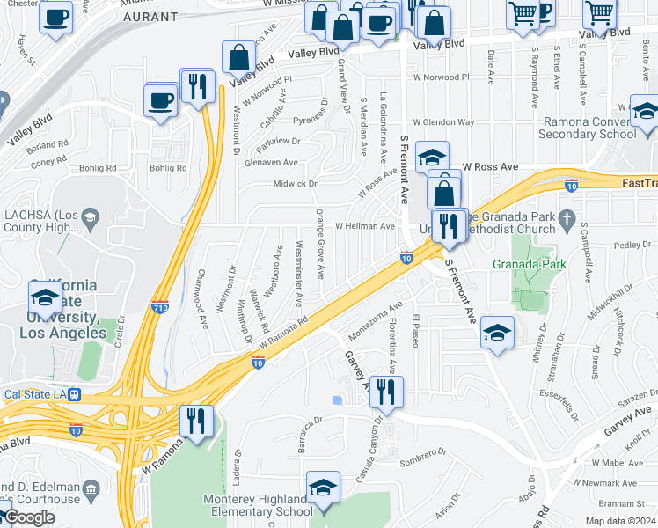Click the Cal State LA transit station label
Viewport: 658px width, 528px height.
[35, 394]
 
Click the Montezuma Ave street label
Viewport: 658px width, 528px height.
[375, 322]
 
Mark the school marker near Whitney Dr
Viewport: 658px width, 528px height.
[497, 333]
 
